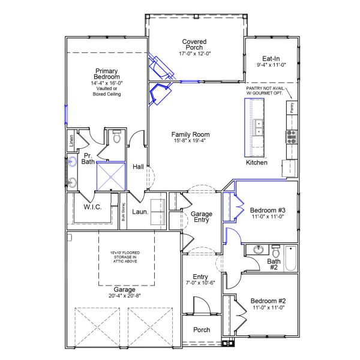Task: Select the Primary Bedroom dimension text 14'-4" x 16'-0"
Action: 106,83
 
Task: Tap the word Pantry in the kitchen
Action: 292,108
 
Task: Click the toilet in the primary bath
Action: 117,137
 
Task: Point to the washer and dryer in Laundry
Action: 158,211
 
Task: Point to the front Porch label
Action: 201,329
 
